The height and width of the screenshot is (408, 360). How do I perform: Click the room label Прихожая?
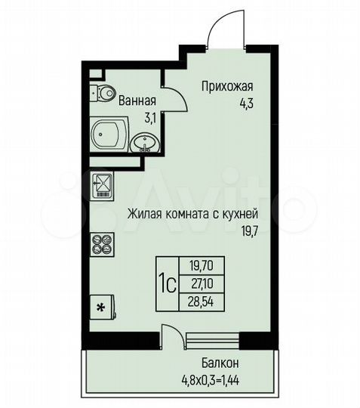click(226, 86)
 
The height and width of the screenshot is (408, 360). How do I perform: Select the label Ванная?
click(137, 100)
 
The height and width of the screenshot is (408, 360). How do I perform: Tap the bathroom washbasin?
click(145, 142)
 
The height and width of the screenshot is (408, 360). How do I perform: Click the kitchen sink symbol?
click(100, 183)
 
